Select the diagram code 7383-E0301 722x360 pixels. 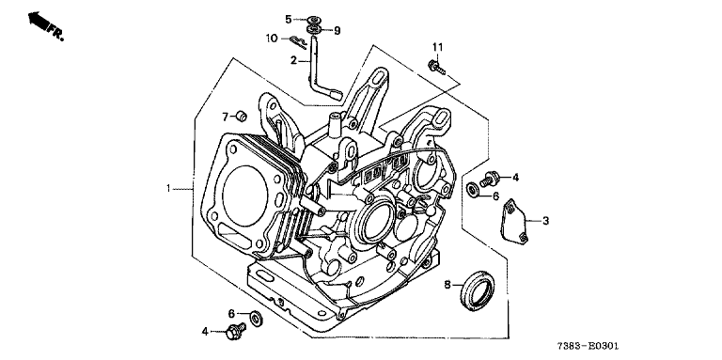pyautogui.click(x=588, y=346)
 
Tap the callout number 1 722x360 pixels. pyautogui.click(x=169, y=188)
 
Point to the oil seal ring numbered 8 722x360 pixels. pyautogui.click(x=479, y=291)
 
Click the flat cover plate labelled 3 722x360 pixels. pyautogui.click(x=514, y=220)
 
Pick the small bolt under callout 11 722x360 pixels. pyautogui.click(x=436, y=68)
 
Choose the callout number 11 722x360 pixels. pyautogui.click(x=437, y=47)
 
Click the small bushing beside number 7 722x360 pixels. pyautogui.click(x=242, y=117)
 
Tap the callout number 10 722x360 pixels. pyautogui.click(x=272, y=39)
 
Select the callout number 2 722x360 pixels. pyautogui.click(x=293, y=60)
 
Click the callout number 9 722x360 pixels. pyautogui.click(x=337, y=31)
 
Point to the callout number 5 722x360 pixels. pyautogui.click(x=289, y=19)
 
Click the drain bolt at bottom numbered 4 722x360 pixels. pyautogui.click(x=235, y=330)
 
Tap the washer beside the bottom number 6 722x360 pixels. pyautogui.click(x=256, y=318)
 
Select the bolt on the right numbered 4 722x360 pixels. pyautogui.click(x=490, y=179)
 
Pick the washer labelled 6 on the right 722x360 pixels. pyautogui.click(x=473, y=190)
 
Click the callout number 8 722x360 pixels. pyautogui.click(x=447, y=285)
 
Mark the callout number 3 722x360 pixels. pyautogui.click(x=545, y=221)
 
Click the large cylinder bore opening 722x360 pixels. pyautogui.click(x=245, y=196)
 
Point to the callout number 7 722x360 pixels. pyautogui.click(x=226, y=117)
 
